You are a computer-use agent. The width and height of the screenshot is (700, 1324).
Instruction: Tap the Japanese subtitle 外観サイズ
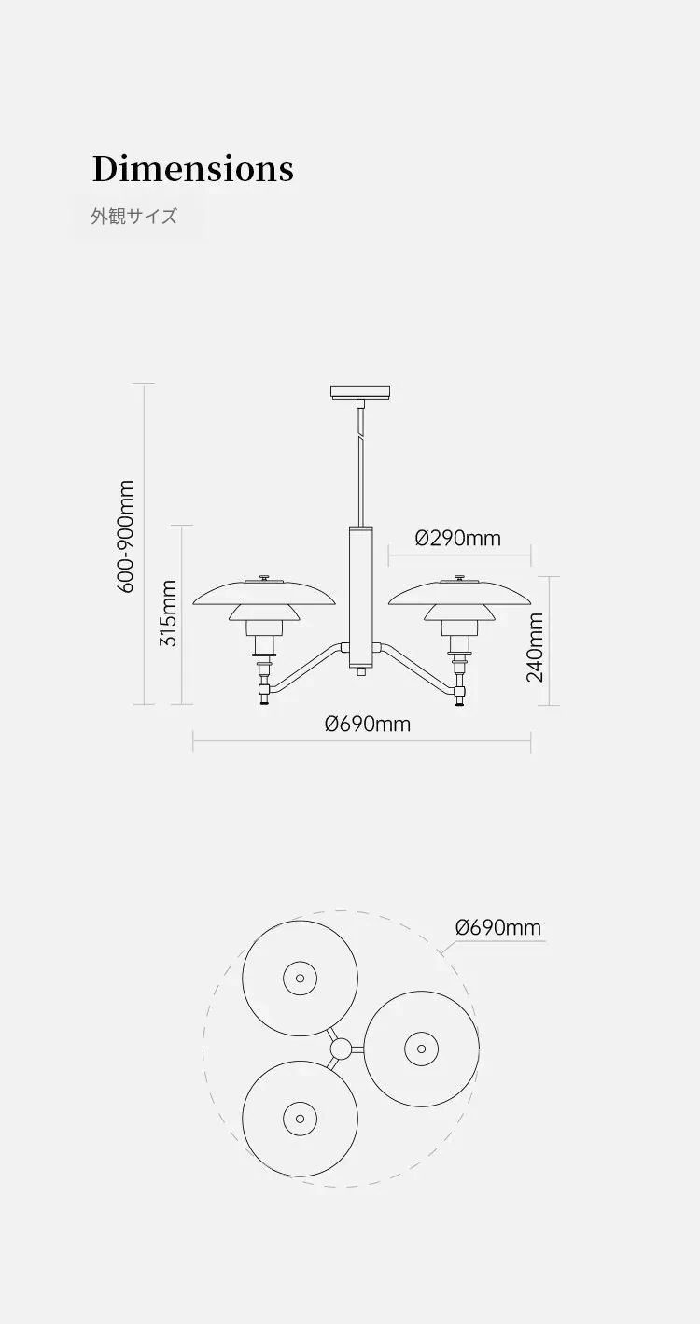coord(134,217)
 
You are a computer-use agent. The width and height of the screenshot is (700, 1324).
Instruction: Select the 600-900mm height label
coord(126,536)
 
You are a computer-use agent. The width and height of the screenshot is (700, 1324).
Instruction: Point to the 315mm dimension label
coord(169,613)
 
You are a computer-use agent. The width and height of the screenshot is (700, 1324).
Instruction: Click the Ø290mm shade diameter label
coord(458,539)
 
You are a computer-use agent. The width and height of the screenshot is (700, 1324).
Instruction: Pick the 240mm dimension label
coord(535,647)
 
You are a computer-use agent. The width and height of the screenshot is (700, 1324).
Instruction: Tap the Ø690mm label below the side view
coord(368,724)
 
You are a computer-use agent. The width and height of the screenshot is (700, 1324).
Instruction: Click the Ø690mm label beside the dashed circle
coord(498,927)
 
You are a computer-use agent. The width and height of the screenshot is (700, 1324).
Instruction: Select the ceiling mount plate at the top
coord(359,392)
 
